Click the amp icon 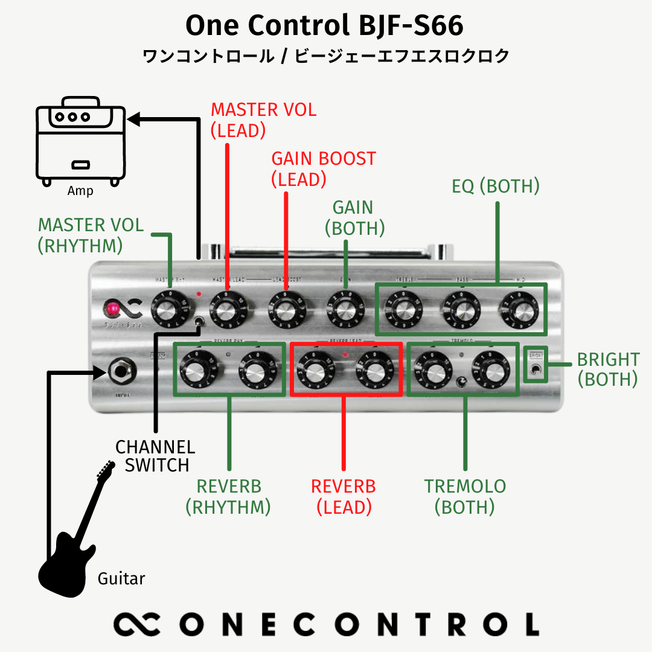[80, 144]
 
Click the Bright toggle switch [534, 369]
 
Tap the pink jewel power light [111, 310]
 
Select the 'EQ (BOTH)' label [496, 187]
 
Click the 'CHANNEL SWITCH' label [155, 456]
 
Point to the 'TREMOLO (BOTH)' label [465, 496]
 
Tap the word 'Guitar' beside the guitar [121, 579]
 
